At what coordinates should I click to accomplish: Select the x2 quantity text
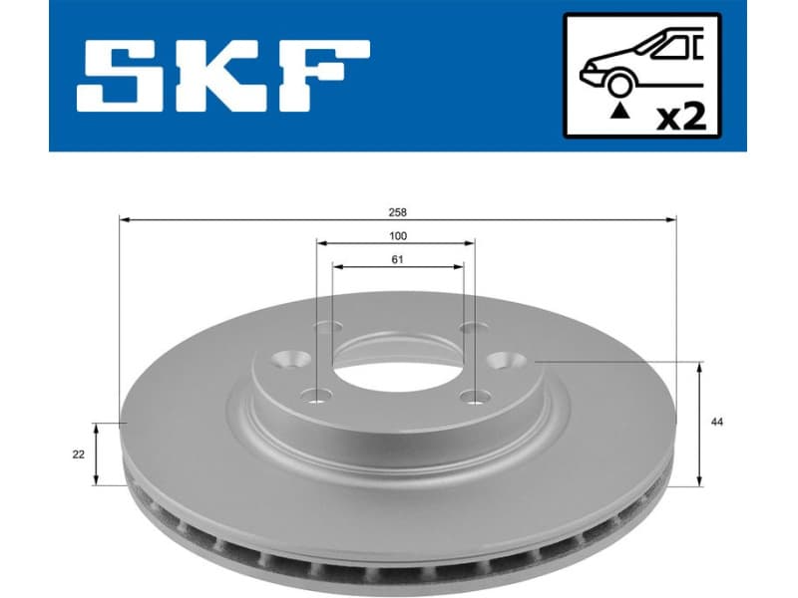coord(682,117)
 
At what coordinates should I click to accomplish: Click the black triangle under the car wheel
coord(620,112)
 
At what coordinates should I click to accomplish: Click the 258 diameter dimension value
coord(399,212)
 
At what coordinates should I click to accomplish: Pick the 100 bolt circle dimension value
coord(397,236)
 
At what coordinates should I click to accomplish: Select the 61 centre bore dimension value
coord(397,260)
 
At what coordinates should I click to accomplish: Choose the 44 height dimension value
coord(716,423)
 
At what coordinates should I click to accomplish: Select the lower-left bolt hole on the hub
coord(318,397)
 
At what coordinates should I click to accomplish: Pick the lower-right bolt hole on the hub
coord(473,397)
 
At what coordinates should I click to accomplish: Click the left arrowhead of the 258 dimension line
coord(123,218)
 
